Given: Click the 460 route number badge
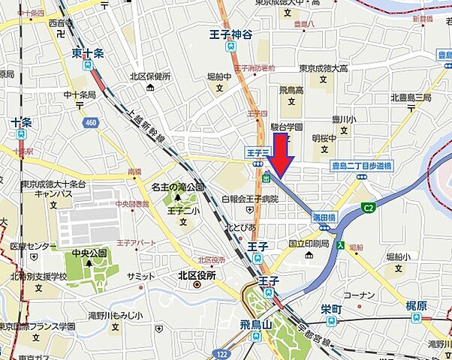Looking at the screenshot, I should (x=91, y=122).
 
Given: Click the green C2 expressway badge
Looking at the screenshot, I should (x=369, y=207).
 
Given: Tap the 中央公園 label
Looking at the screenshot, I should (x=86, y=253).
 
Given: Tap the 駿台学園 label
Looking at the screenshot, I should (x=286, y=127).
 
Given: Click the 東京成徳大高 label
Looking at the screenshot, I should (x=324, y=69).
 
